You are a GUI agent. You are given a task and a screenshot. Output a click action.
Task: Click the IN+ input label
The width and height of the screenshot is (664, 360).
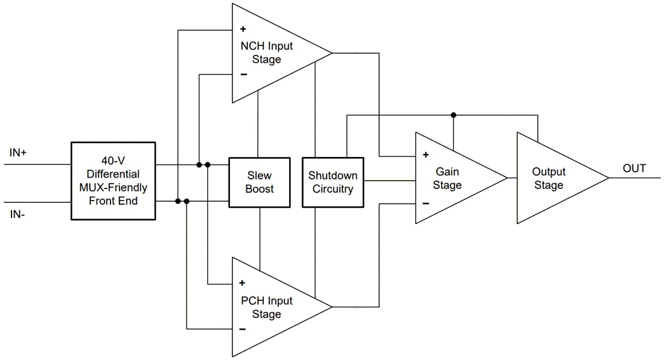[18, 153]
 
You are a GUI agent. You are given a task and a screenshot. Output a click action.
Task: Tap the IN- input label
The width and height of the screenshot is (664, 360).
[18, 214]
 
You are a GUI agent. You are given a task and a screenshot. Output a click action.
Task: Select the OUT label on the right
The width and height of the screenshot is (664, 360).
[634, 169]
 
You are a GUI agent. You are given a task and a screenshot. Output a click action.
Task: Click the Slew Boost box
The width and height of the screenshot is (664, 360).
[260, 182]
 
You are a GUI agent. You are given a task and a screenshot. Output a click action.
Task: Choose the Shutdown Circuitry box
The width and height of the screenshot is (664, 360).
[333, 182]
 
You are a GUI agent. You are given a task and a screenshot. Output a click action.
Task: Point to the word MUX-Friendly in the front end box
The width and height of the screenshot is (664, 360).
[113, 188]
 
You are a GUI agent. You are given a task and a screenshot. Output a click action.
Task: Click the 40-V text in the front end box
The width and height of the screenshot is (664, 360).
[113, 161]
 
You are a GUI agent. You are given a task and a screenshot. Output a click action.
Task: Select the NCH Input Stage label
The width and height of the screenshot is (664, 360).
[266, 53]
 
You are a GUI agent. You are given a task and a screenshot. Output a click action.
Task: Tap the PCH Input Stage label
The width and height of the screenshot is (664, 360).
[266, 307]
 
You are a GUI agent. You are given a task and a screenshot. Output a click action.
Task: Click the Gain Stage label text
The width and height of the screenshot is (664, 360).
[447, 179]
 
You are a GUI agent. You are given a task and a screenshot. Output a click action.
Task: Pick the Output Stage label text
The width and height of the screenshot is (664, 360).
[548, 179]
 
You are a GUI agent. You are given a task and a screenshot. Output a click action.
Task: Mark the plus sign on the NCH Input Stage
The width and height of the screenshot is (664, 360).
[243, 28]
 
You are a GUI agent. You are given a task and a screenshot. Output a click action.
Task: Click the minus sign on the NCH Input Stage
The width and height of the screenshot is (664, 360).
[243, 74]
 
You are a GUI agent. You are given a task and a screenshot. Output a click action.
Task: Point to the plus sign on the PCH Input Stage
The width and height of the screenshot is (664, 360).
[243, 283]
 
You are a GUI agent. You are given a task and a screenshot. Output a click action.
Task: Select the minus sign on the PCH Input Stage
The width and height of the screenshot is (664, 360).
[243, 329]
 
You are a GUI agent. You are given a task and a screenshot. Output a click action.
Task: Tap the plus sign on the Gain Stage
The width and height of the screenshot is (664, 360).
[426, 155]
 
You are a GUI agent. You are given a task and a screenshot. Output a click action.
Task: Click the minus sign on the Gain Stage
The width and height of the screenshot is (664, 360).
[426, 204]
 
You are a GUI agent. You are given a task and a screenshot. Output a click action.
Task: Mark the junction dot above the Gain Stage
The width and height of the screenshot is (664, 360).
[453, 115]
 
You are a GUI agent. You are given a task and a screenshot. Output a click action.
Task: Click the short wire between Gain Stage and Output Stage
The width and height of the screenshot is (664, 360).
[512, 178]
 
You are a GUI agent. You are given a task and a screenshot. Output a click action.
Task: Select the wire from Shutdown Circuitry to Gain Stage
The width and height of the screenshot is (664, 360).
[389, 180]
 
